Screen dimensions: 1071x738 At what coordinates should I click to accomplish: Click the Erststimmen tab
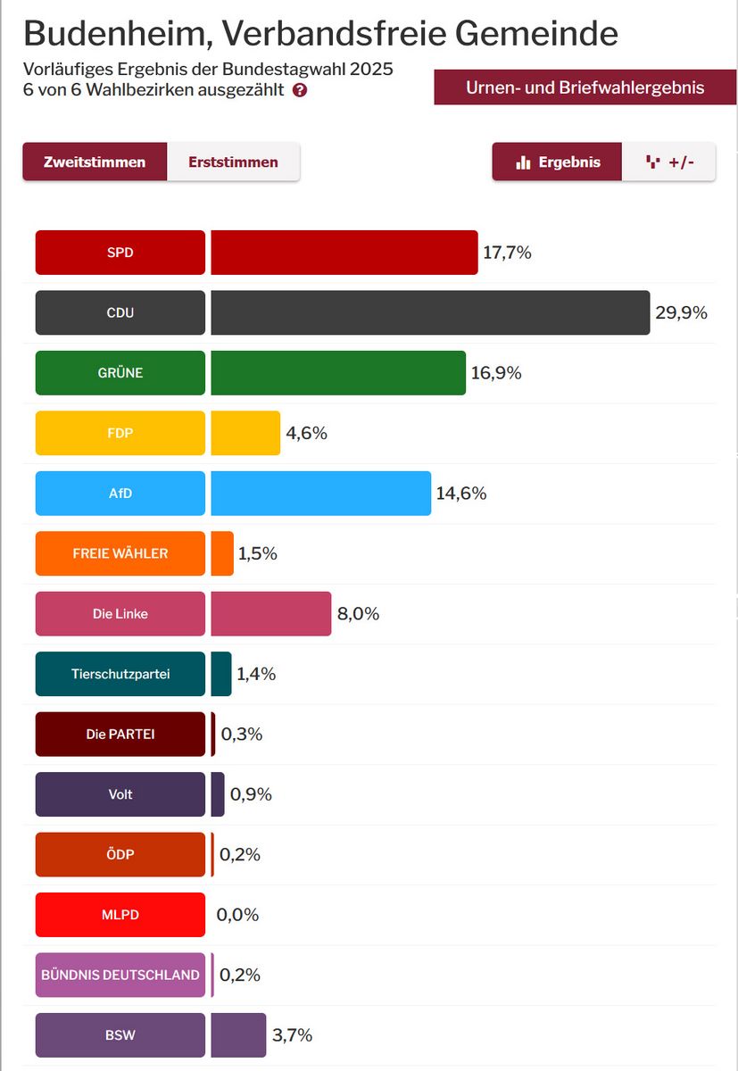(x=233, y=162)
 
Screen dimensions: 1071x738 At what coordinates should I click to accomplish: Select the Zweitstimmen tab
(x=95, y=162)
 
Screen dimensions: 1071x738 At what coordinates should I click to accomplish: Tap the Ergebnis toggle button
(x=557, y=162)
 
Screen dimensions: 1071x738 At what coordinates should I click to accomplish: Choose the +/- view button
(x=668, y=162)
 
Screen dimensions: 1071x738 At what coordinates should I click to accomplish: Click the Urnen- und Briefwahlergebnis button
(x=585, y=87)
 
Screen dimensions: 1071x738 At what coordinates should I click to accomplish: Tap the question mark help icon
(x=300, y=90)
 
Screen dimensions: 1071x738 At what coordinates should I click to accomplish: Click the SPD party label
(x=120, y=253)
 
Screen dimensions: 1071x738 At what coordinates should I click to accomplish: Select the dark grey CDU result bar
(x=430, y=312)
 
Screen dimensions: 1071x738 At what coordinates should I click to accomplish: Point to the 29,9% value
(x=681, y=312)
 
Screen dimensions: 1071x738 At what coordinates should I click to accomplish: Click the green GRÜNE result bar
(x=338, y=373)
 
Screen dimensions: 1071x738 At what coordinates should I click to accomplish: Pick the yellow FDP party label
(x=120, y=433)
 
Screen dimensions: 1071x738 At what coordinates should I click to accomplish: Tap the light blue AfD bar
(x=321, y=494)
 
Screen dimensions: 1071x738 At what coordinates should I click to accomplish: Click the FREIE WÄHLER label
(x=120, y=553)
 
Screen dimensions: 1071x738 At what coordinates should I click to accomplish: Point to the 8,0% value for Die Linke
(x=357, y=614)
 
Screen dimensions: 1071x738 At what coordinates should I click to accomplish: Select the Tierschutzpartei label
(x=120, y=674)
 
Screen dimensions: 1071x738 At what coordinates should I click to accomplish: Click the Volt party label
(x=120, y=794)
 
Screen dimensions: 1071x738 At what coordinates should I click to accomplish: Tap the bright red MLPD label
(x=120, y=915)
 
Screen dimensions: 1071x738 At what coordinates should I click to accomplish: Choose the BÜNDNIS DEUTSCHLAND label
(x=120, y=975)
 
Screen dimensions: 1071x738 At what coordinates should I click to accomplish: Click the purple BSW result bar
(x=238, y=1035)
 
